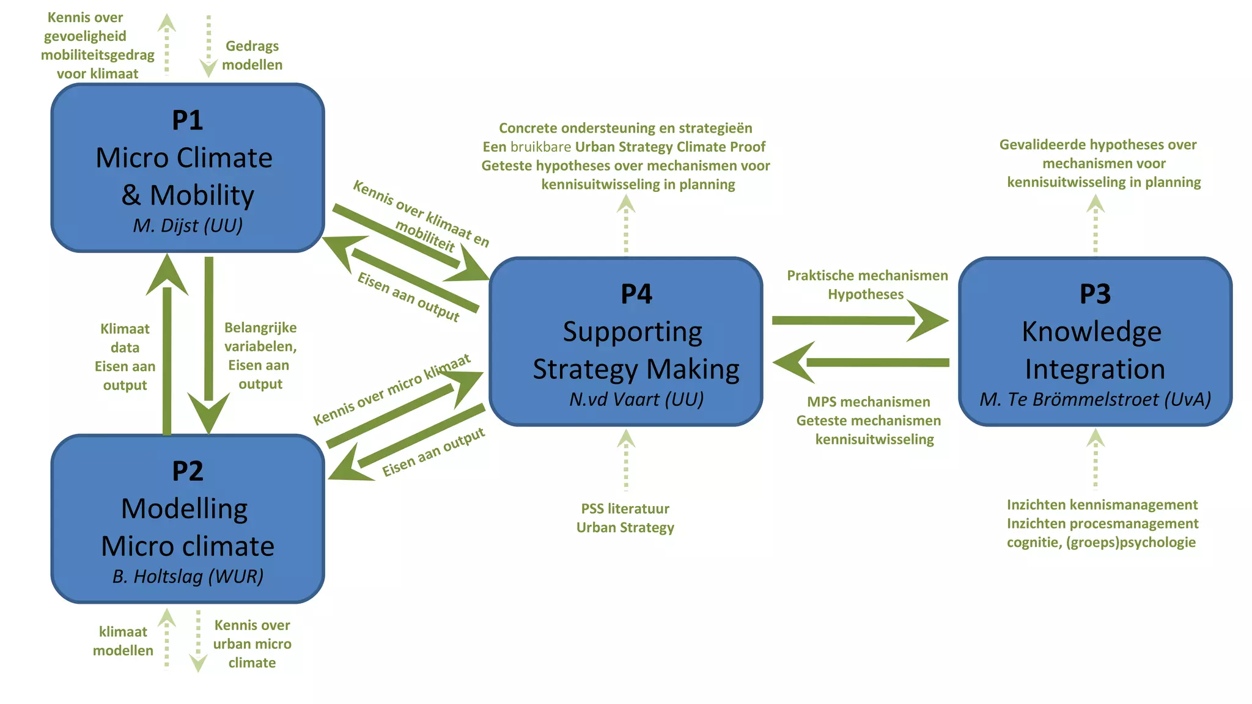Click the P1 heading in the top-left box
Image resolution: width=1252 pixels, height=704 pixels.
point(187,120)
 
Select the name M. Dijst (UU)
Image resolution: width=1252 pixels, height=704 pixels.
point(188,226)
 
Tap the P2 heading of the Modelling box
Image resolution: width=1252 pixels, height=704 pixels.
point(187,471)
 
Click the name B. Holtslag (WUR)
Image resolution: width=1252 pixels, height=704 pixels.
point(188,576)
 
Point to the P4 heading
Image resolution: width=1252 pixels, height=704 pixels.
point(636,294)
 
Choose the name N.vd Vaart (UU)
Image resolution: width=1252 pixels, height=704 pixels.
point(636,399)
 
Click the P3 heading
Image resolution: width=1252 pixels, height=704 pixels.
point(1095,294)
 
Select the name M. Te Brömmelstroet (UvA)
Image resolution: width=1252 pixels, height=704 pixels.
point(1095,399)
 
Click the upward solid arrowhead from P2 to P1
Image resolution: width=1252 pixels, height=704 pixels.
point(167,275)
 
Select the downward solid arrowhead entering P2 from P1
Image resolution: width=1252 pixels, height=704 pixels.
point(208,413)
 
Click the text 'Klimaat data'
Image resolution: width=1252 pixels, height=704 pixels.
point(125,338)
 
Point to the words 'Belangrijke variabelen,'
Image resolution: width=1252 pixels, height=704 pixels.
point(260,337)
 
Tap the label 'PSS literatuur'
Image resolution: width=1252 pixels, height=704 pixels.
point(625,508)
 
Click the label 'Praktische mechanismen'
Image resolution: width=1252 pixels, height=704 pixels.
point(867,276)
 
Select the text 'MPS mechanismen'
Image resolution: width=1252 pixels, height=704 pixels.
point(868,402)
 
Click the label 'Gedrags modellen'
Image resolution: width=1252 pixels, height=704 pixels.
point(252,55)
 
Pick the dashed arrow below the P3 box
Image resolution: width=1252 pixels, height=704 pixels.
point(1095,458)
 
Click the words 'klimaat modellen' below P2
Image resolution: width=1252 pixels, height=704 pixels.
point(123,641)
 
